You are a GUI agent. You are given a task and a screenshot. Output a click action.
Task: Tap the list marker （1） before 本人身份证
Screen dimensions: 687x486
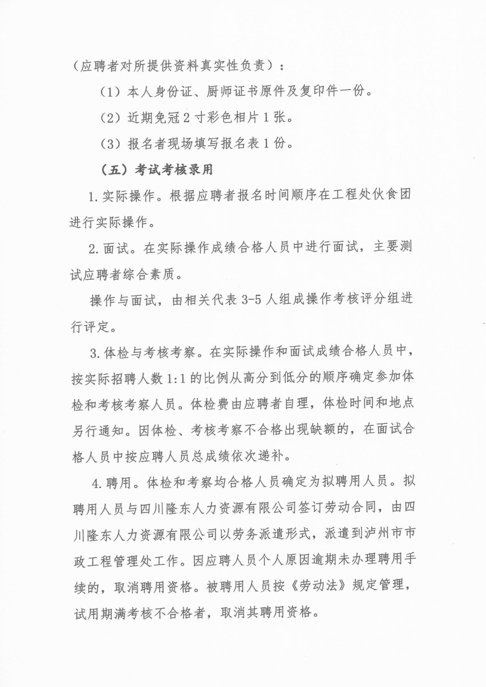(x=110, y=91)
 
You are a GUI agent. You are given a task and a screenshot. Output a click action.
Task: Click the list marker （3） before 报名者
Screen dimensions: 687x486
(x=110, y=144)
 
